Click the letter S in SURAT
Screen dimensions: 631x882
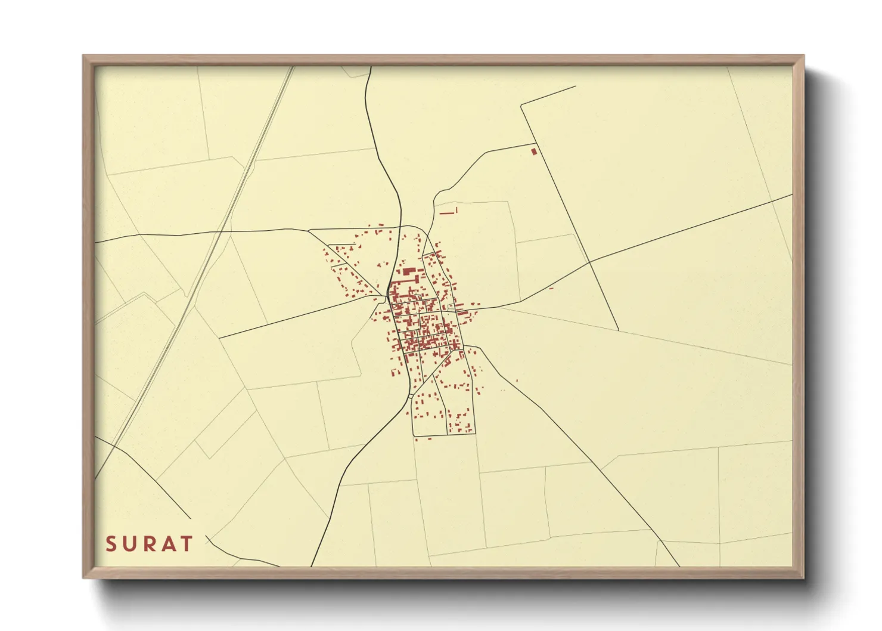[110, 544]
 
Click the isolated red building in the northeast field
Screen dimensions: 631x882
[534, 151]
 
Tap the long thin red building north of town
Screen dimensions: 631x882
[447, 212]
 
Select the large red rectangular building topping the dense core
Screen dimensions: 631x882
[408, 271]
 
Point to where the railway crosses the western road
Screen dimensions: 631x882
[225, 232]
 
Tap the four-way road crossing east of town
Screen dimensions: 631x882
[589, 262]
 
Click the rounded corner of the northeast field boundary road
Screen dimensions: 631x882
[523, 106]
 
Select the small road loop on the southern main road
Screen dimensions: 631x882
[411, 395]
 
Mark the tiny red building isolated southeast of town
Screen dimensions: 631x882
[516, 381]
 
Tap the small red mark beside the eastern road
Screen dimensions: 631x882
[551, 289]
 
